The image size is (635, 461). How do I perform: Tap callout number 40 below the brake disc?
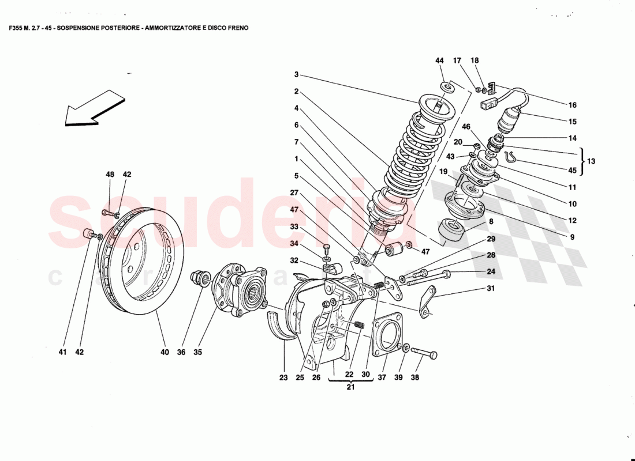click(165, 352)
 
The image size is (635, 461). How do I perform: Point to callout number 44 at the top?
click(439, 61)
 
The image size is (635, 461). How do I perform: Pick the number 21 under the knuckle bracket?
click(350, 387)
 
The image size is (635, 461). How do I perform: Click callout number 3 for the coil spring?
click(296, 74)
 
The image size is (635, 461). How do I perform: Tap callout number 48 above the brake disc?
click(110, 174)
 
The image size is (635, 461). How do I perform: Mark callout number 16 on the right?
click(572, 105)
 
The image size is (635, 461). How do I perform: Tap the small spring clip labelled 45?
click(511, 155)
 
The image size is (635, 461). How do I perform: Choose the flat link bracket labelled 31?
click(428, 303)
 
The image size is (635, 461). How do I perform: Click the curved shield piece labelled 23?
click(279, 326)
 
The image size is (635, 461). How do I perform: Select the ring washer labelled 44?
click(447, 86)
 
